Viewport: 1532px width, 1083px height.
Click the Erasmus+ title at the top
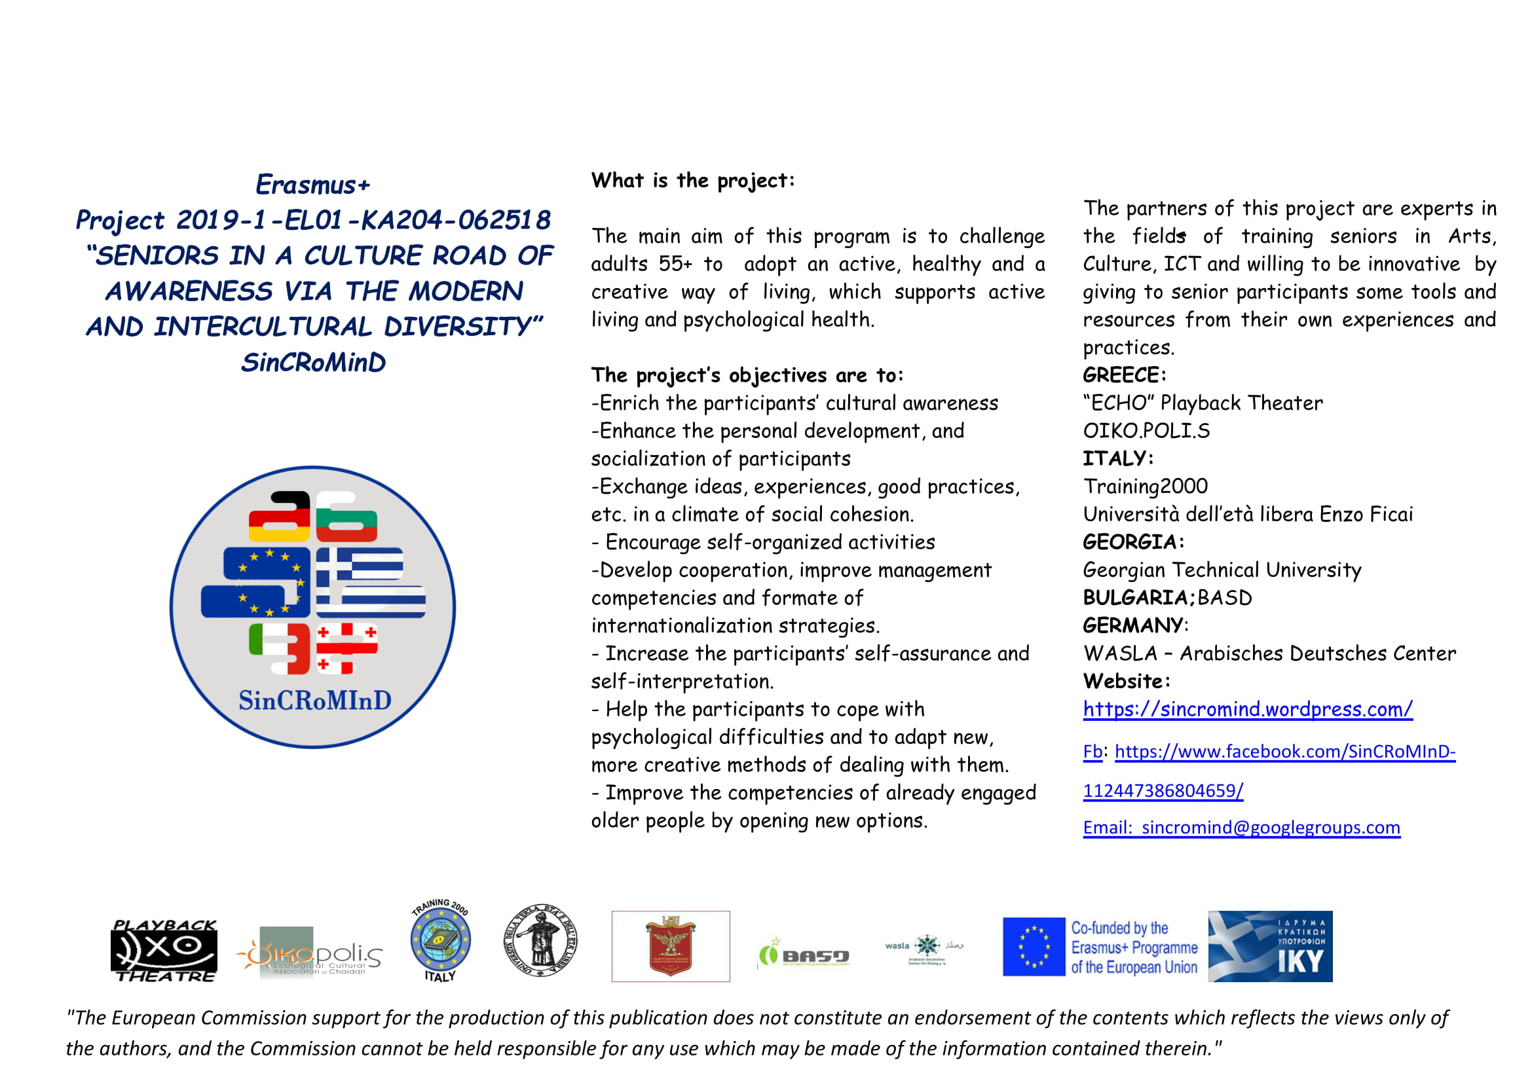(x=312, y=185)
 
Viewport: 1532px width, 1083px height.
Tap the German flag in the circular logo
(x=280, y=517)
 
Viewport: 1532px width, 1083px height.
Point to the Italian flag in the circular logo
(x=280, y=648)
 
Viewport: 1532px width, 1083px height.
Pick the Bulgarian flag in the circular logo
(x=346, y=517)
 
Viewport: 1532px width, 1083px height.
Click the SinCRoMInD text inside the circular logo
(x=315, y=700)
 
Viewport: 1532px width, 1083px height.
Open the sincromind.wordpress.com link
(x=1247, y=709)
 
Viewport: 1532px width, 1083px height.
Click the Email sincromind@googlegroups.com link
(x=1241, y=828)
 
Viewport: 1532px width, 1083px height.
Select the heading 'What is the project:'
(x=692, y=181)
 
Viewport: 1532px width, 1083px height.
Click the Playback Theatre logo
(x=164, y=950)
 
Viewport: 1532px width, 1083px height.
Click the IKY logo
(x=1270, y=946)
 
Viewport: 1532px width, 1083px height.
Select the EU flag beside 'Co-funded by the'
(x=1034, y=946)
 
